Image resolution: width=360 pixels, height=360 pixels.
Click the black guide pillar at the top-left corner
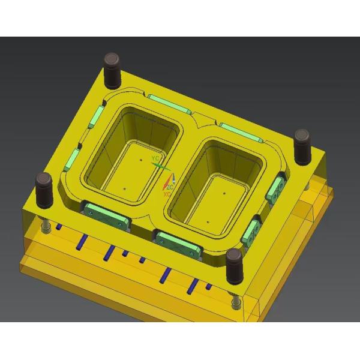(112, 70)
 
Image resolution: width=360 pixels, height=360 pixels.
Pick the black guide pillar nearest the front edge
(234, 266)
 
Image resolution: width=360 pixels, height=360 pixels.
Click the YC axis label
(155, 158)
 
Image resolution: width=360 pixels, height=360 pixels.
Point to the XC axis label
(167, 194)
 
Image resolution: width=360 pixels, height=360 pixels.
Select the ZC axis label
(170, 186)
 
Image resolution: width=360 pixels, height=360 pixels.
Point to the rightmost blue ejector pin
(208, 287)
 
